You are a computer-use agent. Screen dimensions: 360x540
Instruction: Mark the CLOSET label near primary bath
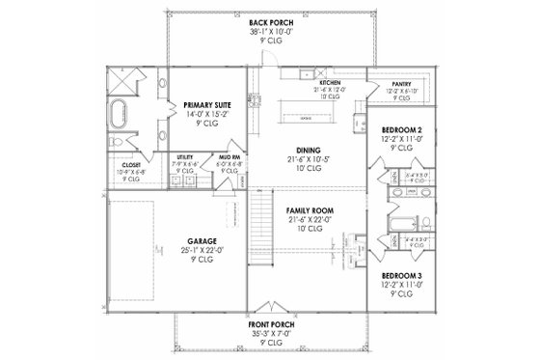click(x=125, y=164)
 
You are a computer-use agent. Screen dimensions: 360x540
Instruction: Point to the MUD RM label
click(x=218, y=155)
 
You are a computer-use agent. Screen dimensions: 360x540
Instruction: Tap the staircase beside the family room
click(x=257, y=222)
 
